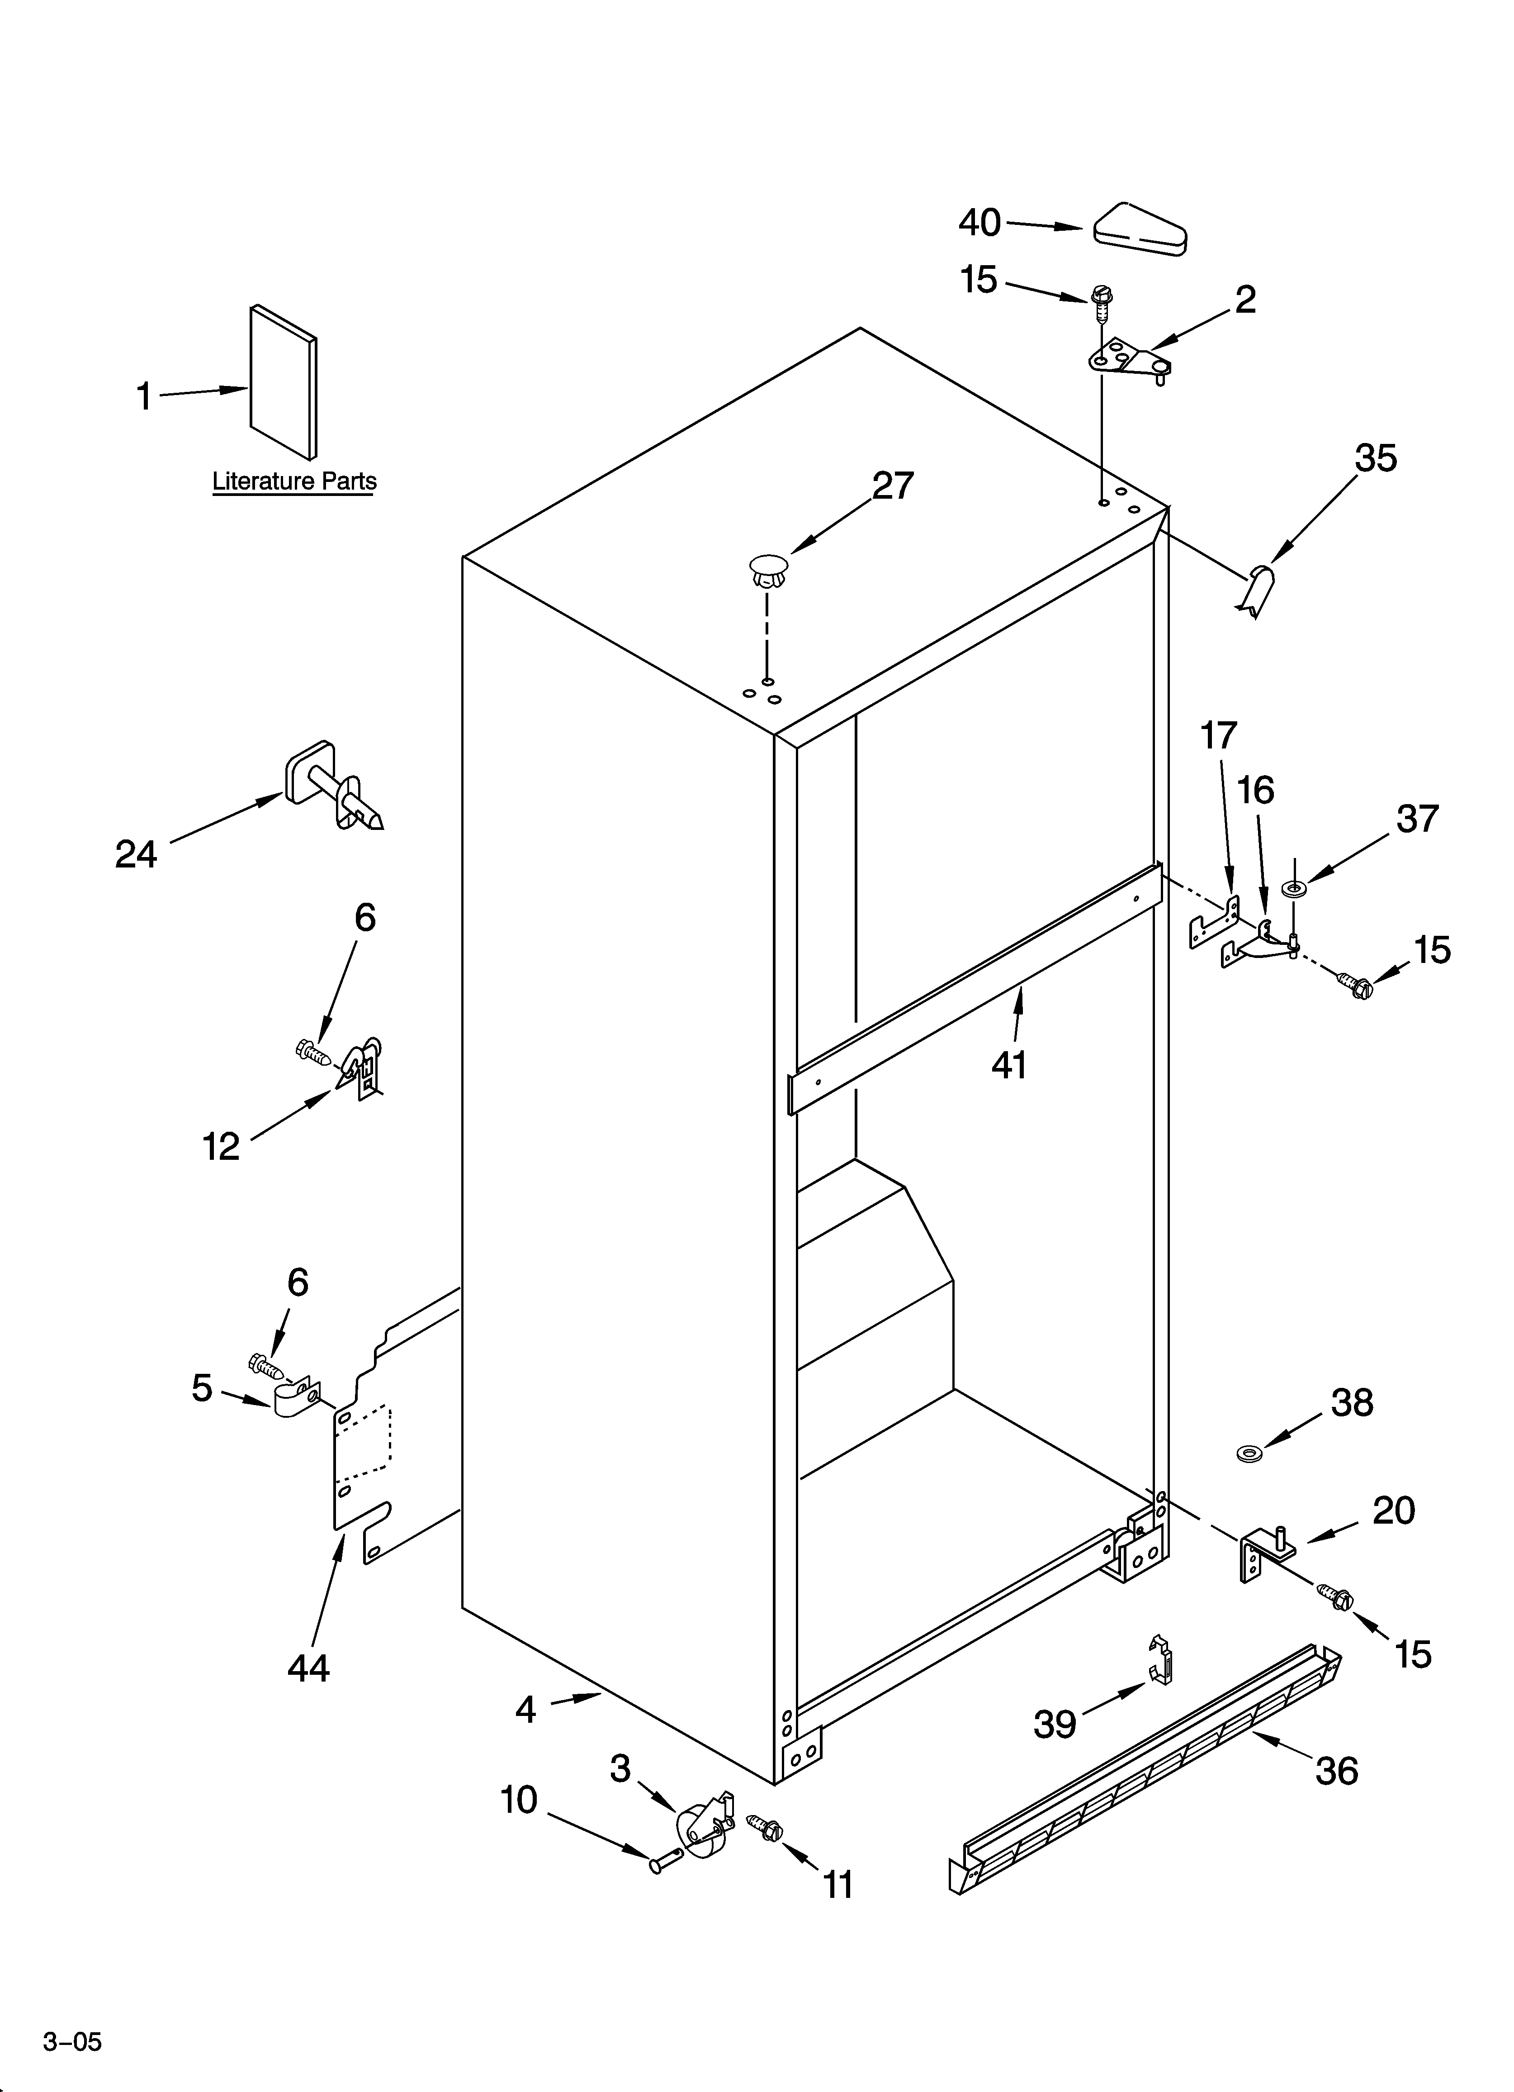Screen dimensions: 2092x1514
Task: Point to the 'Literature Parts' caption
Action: click(294, 481)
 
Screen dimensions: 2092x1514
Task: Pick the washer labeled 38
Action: click(1249, 1454)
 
